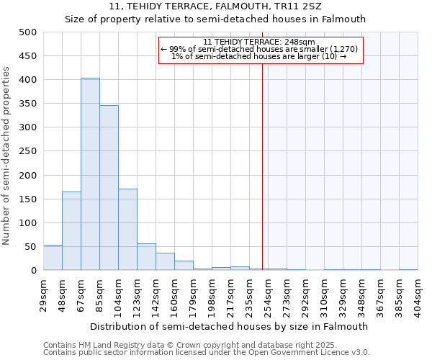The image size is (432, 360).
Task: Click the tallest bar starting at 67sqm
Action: tap(90, 174)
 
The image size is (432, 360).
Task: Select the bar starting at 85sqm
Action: tap(109, 188)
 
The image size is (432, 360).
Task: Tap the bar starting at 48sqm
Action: tap(71, 231)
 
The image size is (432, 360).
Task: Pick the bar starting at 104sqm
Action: tap(127, 230)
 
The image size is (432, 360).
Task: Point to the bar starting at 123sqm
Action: tap(146, 257)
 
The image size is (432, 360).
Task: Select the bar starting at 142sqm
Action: tap(165, 262)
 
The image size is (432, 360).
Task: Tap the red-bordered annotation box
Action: tap(261, 50)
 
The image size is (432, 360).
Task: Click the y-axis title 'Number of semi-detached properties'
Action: tap(7, 156)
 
